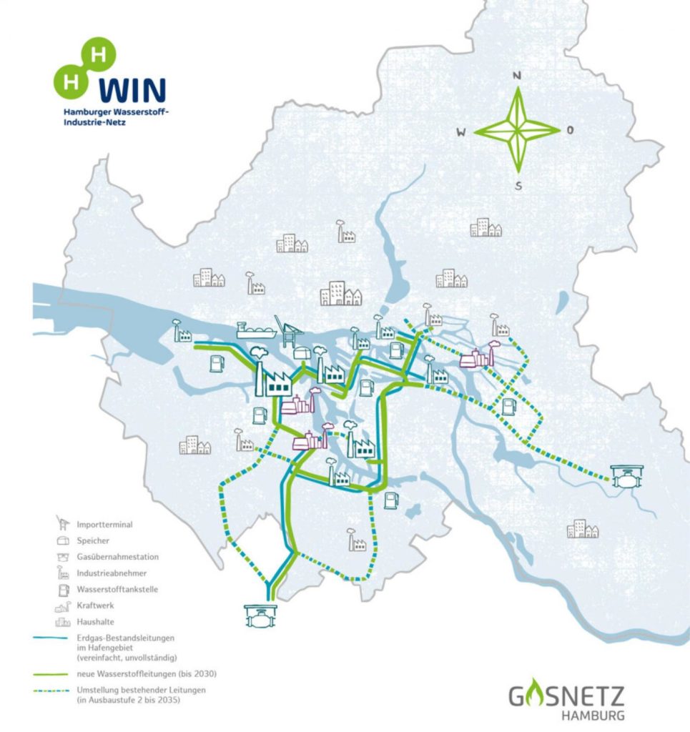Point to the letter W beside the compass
[x=462, y=132]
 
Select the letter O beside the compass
[x=570, y=130]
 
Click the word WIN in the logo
[x=132, y=90]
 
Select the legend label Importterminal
[x=104, y=524]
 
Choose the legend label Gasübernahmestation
[x=117, y=557]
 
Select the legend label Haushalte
[x=94, y=622]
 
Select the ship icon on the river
[x=257, y=330]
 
